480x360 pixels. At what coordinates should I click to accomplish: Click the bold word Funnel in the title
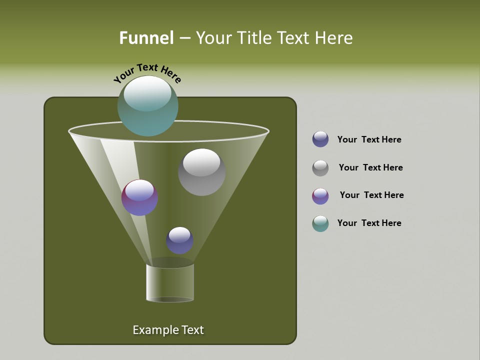[146, 38]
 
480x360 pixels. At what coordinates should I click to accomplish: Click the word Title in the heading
[254, 38]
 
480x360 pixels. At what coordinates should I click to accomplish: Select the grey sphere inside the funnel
[201, 172]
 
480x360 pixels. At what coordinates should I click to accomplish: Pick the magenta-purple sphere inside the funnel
[139, 198]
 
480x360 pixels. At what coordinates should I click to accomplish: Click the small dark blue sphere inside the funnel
[179, 240]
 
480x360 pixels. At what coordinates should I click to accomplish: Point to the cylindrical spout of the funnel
[170, 282]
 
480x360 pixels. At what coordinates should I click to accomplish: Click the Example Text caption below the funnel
[168, 330]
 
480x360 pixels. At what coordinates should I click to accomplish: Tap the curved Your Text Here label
[147, 72]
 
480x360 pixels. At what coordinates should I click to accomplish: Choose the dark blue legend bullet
[320, 139]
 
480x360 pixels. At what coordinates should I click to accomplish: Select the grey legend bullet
[320, 168]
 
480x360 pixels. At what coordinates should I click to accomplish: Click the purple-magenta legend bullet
[320, 196]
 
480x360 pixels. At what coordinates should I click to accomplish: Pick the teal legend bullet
[320, 223]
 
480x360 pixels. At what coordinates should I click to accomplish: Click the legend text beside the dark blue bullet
[369, 139]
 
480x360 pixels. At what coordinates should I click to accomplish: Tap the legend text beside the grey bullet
[370, 167]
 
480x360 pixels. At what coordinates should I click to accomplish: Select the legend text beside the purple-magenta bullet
[371, 195]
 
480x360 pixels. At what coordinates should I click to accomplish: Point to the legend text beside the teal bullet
[369, 223]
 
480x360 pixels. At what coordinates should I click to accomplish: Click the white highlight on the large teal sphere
[147, 93]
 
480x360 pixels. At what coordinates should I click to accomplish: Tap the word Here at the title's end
[335, 38]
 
